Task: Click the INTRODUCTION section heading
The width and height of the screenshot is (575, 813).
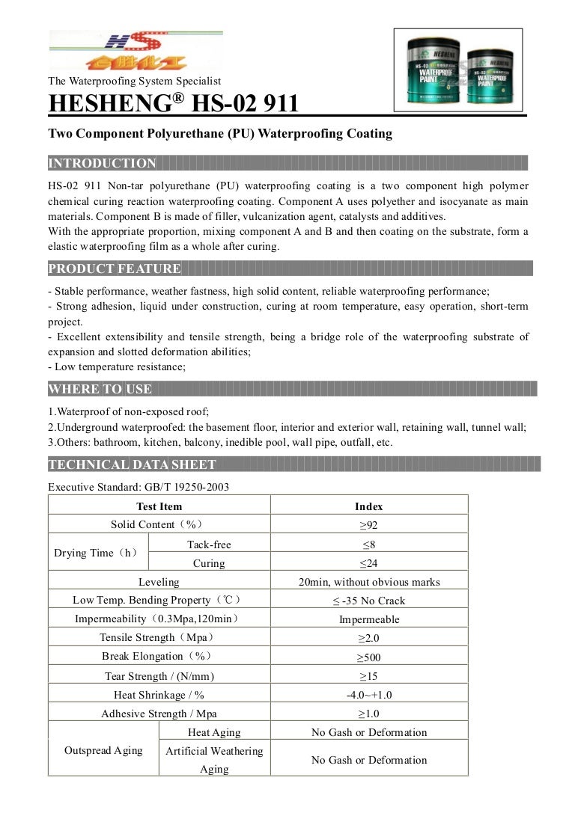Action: [102, 163]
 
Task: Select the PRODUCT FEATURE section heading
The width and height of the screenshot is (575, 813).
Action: [115, 269]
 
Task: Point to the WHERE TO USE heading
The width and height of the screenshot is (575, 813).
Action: [100, 389]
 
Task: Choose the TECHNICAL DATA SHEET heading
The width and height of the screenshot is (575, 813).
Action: [132, 464]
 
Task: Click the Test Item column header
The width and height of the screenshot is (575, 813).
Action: [159, 506]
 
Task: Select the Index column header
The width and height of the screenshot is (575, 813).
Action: [368, 506]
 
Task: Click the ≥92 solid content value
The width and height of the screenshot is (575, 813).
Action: [368, 525]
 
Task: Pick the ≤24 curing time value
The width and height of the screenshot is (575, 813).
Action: [368, 563]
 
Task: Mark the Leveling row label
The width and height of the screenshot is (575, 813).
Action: [159, 582]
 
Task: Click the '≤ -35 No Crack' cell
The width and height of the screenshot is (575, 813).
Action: [368, 601]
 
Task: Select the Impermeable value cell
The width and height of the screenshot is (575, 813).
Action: [368, 619]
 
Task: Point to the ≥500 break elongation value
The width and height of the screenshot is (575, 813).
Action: [368, 657]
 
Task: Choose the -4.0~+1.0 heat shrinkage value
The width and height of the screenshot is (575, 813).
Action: [368, 695]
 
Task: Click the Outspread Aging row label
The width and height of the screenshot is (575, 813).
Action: [103, 750]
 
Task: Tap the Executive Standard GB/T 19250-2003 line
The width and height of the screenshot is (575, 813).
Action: [139, 487]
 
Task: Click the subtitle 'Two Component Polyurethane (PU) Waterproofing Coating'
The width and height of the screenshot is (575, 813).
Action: [220, 134]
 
